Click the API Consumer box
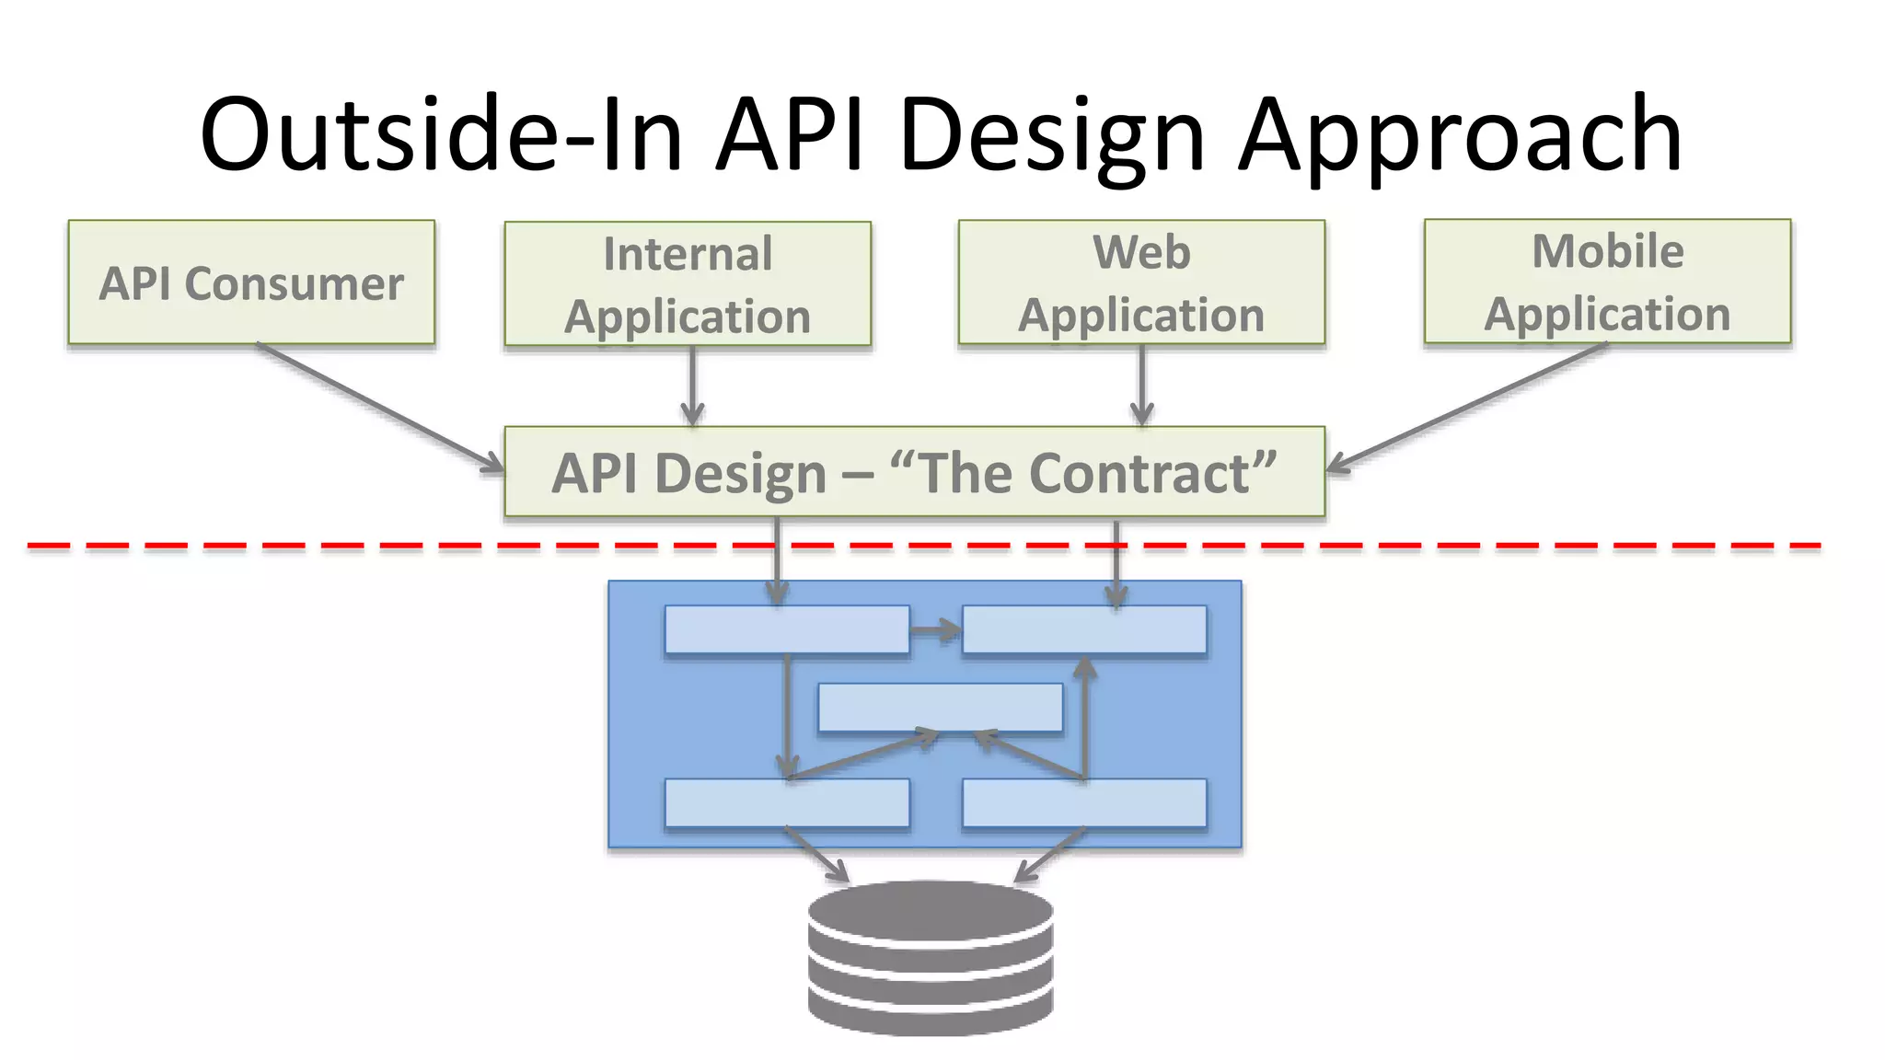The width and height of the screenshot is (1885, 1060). click(x=251, y=282)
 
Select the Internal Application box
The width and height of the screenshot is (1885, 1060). click(x=688, y=283)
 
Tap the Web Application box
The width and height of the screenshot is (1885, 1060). click(x=1141, y=282)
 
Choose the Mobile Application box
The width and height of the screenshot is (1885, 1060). click(x=1607, y=282)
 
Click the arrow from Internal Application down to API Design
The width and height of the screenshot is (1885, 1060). click(x=693, y=386)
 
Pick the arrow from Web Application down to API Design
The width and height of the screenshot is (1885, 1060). click(x=1142, y=386)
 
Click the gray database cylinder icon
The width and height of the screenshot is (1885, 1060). click(x=931, y=957)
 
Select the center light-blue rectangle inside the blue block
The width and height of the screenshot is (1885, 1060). click(x=940, y=707)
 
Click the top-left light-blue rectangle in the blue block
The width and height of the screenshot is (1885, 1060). click(x=787, y=629)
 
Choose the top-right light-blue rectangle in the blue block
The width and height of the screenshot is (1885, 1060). click(x=1084, y=629)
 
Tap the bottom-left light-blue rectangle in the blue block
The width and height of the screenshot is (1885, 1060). click(x=787, y=803)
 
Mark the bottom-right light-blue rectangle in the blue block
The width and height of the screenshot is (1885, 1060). click(x=1084, y=803)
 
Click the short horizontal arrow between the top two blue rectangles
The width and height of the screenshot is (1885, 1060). click(x=935, y=630)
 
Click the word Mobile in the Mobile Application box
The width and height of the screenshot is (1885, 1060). click(x=1607, y=251)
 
